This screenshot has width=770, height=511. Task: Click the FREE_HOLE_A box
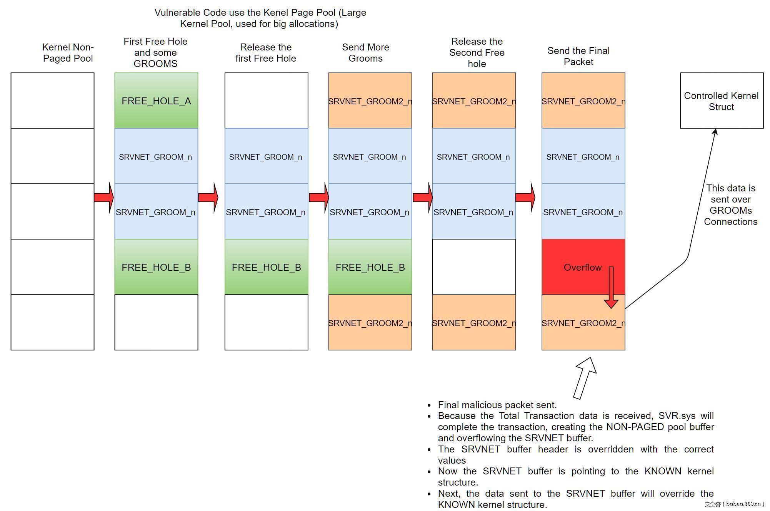(156, 101)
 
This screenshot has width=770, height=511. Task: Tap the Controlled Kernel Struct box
(722, 101)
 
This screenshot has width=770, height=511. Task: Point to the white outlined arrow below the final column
(585, 377)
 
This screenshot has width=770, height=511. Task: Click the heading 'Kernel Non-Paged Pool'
(68, 53)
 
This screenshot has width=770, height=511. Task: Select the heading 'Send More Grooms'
(365, 53)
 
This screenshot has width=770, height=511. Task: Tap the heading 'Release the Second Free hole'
(477, 52)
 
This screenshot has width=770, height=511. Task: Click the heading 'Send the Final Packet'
(578, 56)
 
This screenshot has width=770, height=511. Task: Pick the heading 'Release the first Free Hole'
(266, 53)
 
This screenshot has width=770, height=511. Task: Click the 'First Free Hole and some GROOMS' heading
(155, 52)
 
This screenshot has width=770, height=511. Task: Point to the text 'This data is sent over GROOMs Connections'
(730, 205)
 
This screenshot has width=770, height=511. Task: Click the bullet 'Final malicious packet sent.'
(497, 405)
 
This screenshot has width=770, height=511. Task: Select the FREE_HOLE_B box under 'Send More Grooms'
(370, 267)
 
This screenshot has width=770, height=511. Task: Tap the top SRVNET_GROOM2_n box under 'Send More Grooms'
(370, 101)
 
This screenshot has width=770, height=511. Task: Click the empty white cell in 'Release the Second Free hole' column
(474, 267)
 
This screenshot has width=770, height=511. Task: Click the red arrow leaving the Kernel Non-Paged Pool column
(104, 198)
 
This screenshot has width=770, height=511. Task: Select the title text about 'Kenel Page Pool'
(260, 18)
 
